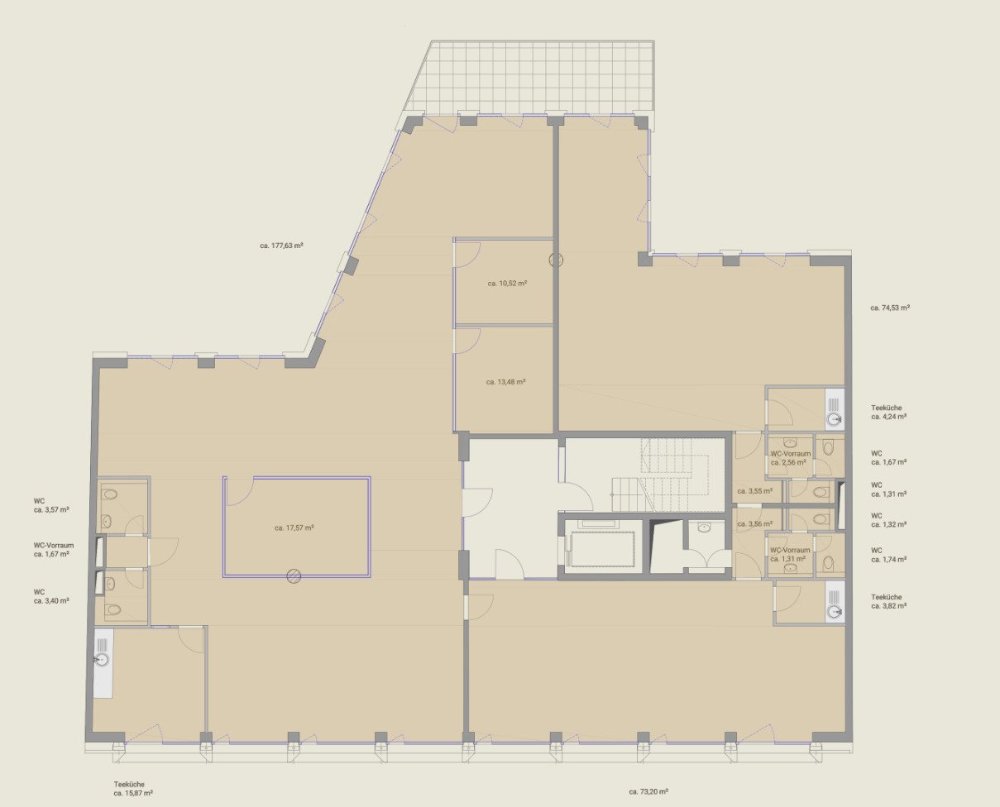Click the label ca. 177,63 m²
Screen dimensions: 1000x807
coord(281,245)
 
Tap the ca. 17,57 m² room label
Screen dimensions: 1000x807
coord(294,528)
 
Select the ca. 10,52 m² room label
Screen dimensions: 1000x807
coord(507,284)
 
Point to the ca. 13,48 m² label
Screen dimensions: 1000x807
coord(505,382)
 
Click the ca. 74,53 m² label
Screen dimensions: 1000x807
coord(890,308)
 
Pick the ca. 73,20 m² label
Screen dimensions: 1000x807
coord(648,791)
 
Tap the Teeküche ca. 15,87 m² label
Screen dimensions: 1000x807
coord(133,789)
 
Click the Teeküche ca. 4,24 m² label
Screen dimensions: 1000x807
coord(888,412)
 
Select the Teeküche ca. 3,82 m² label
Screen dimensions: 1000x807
coord(888,601)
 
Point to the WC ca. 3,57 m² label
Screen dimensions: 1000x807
coord(51,506)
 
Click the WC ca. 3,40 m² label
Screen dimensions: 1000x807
coord(51,596)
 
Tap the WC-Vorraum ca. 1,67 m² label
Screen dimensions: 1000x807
coord(54,549)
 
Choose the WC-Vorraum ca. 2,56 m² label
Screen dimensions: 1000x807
coord(791,458)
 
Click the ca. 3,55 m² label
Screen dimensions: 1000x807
coord(755,491)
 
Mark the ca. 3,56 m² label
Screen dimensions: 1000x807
coord(755,524)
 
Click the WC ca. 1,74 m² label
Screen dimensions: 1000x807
coord(888,555)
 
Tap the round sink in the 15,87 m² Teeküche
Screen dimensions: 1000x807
coord(102,659)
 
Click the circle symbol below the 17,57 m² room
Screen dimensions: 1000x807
coord(294,575)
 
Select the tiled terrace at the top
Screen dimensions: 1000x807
coord(530,78)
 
